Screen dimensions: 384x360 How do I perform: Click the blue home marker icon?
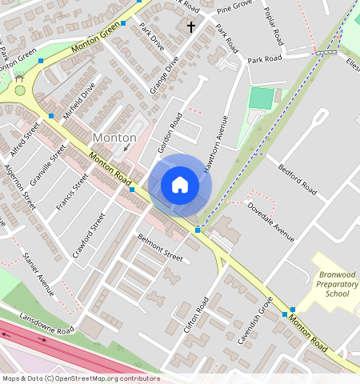(x=180, y=185)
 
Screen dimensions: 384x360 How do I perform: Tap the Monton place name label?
(x=114, y=138)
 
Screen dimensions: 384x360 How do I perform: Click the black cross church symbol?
(x=190, y=27)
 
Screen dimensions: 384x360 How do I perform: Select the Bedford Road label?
(x=298, y=181)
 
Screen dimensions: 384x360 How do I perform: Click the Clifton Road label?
(x=196, y=314)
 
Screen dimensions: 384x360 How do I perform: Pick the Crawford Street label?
(x=89, y=235)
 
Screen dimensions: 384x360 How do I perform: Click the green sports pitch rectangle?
(x=261, y=98)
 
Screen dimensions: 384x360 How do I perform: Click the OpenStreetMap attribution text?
(x=81, y=378)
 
